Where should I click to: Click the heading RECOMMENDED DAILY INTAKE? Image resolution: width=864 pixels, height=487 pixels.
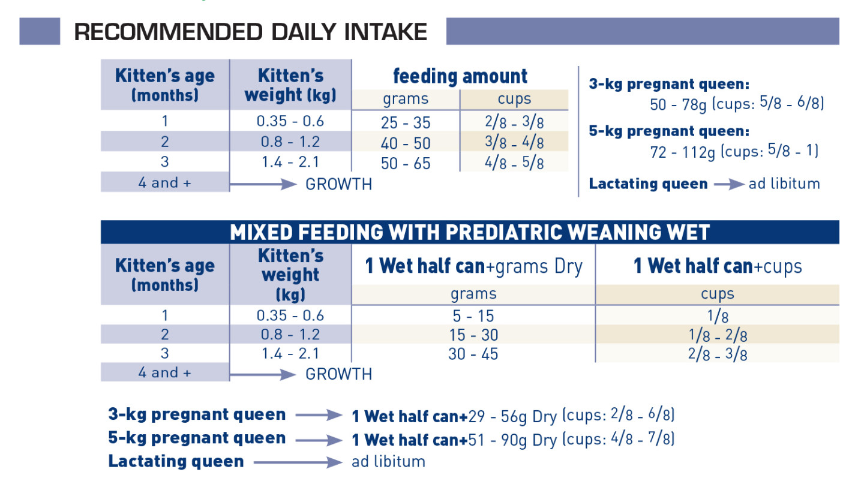pos(250,32)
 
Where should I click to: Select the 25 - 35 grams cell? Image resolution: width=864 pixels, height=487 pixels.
pos(406,123)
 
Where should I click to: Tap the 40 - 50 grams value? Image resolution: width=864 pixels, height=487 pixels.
pos(406,143)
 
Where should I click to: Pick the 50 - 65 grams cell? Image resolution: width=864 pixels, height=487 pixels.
pos(406,164)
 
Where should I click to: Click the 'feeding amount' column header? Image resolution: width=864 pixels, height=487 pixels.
pos(460,77)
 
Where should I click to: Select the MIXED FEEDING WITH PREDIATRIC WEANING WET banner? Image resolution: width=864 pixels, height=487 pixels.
pos(470,232)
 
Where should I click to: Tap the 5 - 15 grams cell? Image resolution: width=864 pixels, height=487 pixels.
pos(473,315)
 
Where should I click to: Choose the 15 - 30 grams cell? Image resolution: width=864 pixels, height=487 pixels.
pos(473,335)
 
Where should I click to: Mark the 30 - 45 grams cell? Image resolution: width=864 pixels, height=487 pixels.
pos(473,354)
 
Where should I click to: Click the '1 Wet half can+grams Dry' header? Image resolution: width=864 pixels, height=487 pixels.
pos(473,266)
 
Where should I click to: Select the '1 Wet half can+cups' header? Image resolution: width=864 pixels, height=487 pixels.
pos(718,266)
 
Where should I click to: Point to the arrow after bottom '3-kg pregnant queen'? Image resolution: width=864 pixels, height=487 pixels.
pos(319,415)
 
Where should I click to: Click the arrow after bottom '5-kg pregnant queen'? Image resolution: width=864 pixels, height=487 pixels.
pos(319,439)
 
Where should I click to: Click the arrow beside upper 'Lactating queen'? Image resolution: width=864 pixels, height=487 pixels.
pos(728,184)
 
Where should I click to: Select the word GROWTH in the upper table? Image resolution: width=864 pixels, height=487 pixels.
pos(339,184)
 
